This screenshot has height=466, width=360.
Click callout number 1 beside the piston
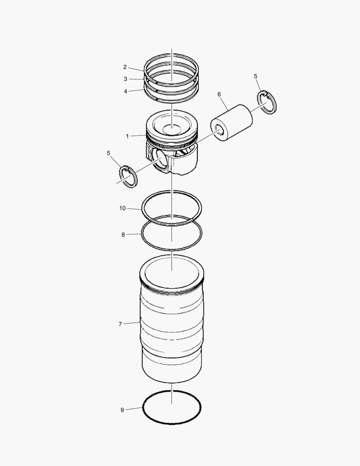point(128,136)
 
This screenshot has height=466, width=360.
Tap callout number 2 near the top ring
point(125,67)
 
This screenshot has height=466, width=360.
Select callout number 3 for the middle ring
point(125,79)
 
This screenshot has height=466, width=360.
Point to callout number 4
point(125,91)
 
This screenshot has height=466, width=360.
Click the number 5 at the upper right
point(255,76)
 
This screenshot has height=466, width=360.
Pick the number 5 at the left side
point(108,153)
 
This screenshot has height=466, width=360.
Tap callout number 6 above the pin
point(219,94)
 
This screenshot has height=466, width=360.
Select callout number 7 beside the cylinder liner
point(120,324)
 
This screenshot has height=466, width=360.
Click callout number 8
point(123,235)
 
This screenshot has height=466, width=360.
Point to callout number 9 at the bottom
point(122,410)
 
